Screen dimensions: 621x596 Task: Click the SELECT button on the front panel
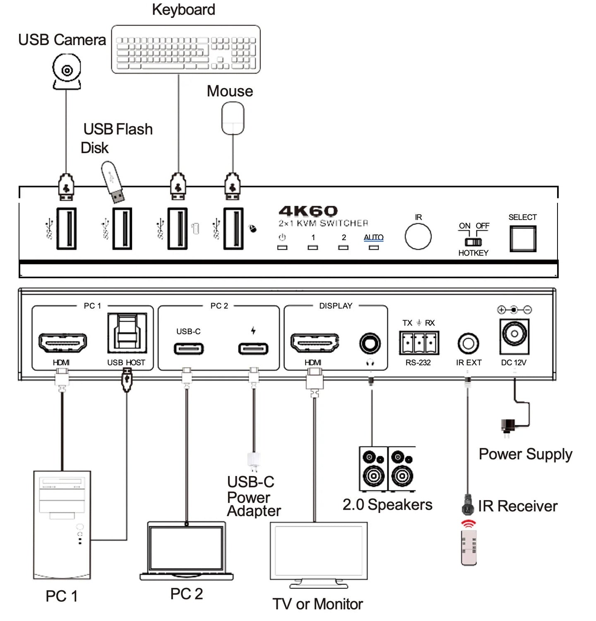pyautogui.click(x=523, y=239)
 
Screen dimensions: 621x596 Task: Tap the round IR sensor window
pyautogui.click(x=418, y=236)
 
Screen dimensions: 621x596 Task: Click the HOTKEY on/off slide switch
pyautogui.click(x=473, y=242)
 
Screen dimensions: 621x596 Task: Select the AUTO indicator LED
pyautogui.click(x=374, y=248)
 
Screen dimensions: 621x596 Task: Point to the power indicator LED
pyautogui.click(x=282, y=248)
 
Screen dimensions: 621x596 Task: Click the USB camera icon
pyautogui.click(x=67, y=72)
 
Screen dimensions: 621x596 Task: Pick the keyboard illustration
pyautogui.click(x=186, y=50)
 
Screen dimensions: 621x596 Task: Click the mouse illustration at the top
pyautogui.click(x=233, y=118)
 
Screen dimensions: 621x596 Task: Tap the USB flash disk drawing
pyautogui.click(x=113, y=182)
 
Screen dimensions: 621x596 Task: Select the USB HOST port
pyautogui.click(x=127, y=334)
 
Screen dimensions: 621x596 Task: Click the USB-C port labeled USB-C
pyautogui.click(x=189, y=349)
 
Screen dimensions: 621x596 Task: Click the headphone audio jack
pyautogui.click(x=370, y=343)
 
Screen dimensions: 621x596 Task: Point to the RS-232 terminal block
pyautogui.click(x=419, y=343)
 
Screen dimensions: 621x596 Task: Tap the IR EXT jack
pyautogui.click(x=468, y=343)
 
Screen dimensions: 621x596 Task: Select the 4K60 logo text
pyautogui.click(x=308, y=211)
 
